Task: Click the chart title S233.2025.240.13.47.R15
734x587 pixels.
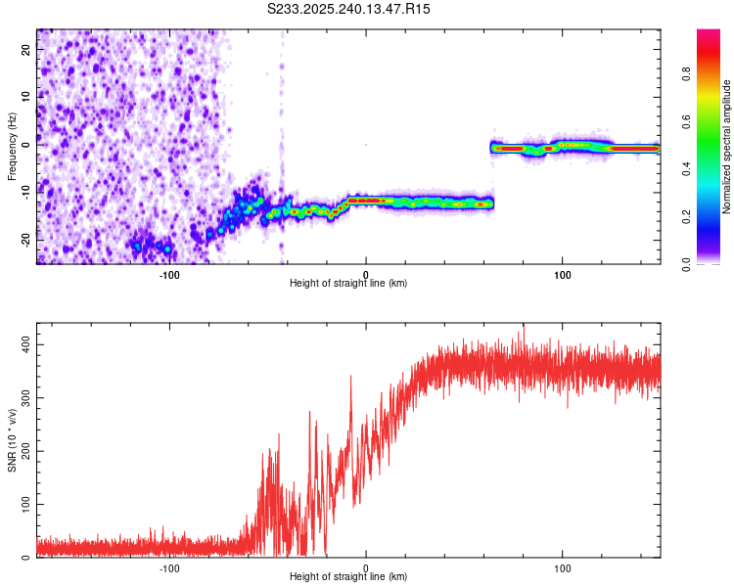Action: [349, 9]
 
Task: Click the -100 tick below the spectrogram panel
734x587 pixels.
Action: [169, 275]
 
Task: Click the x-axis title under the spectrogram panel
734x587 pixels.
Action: [348, 284]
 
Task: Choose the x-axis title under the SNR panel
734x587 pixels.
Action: [348, 577]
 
